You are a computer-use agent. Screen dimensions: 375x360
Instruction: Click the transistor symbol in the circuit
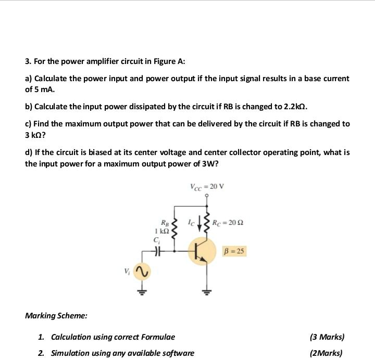[x=202, y=252]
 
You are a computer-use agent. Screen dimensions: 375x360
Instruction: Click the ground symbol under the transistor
[x=207, y=291]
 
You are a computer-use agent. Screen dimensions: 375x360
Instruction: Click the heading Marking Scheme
[x=56, y=315]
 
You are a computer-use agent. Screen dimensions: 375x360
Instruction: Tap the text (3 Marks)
[x=327, y=337]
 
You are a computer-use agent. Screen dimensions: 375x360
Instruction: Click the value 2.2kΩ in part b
[x=296, y=107]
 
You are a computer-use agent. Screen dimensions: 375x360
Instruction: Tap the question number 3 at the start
[x=28, y=61]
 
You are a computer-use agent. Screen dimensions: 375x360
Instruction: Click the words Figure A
[x=168, y=61]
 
